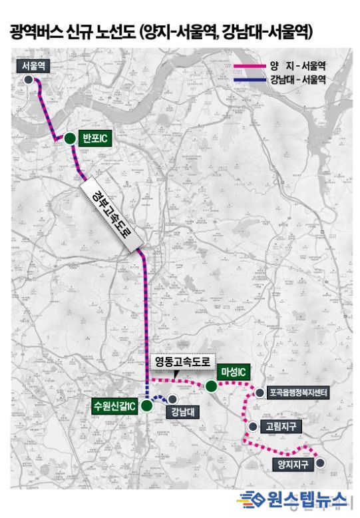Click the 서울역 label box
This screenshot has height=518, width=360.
[33, 66]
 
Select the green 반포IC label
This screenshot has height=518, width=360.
[94, 138]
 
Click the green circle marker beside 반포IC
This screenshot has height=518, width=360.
[69, 138]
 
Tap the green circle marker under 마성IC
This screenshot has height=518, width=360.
[211, 386]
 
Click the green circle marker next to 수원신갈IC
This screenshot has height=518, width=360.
[146, 405]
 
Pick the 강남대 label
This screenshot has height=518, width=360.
[181, 410]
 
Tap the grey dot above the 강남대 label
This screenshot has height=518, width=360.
[172, 399]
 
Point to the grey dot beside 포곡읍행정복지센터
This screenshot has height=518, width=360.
[260, 393]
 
